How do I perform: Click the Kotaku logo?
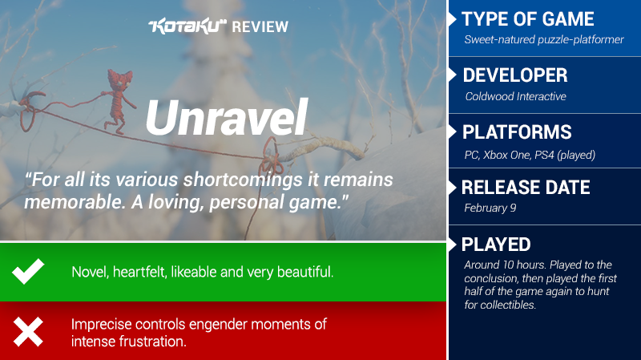187,26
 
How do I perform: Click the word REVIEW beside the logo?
260,27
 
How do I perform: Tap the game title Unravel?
226,117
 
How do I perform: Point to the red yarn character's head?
120,79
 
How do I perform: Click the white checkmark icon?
28,271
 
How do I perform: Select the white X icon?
28,332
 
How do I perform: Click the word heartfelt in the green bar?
139,272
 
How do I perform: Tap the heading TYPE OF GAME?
528,18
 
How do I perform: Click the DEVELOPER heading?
515,75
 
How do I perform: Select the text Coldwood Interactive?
515,96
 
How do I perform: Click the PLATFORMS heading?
517,132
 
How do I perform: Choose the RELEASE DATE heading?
526,188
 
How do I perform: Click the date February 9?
490,208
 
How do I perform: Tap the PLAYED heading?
496,245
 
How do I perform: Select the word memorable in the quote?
75,202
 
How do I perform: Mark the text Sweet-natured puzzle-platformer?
544,39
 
